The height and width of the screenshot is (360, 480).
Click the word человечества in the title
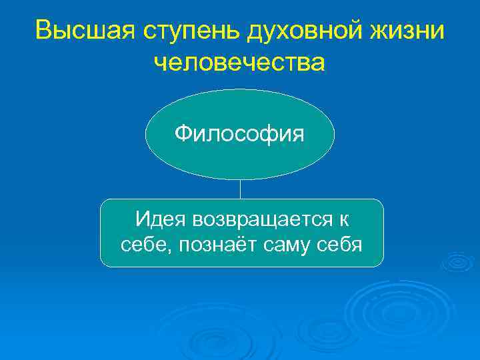pos(239,63)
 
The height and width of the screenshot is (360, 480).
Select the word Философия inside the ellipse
pos(239,134)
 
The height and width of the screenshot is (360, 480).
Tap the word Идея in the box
pos(159,219)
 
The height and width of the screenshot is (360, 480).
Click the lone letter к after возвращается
pos(343,219)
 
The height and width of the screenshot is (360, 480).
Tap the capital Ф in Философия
pos(183,134)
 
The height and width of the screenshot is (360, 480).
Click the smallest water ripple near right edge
pos(459,262)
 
